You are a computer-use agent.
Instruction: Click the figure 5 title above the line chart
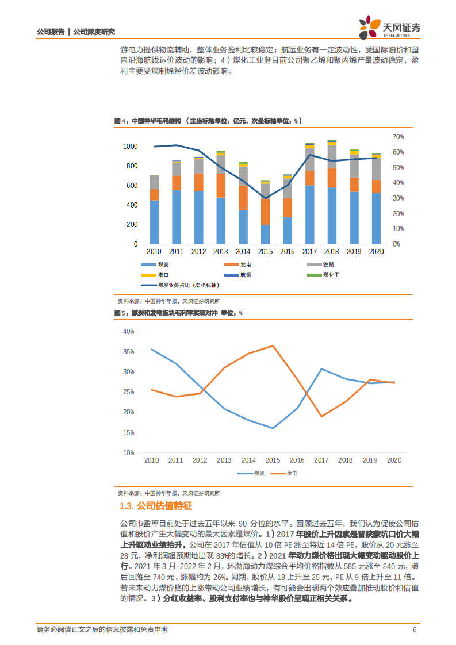pyautogui.click(x=178, y=313)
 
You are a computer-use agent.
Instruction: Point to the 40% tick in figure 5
pyautogui.click(x=128, y=332)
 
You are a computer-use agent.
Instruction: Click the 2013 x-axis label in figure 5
pyautogui.click(x=224, y=460)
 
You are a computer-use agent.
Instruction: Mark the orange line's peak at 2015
pyautogui.click(x=273, y=345)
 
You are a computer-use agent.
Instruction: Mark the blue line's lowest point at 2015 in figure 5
pyautogui.click(x=273, y=428)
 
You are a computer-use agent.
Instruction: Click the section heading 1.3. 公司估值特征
pyautogui.click(x=155, y=506)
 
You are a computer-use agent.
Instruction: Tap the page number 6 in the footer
pyautogui.click(x=414, y=630)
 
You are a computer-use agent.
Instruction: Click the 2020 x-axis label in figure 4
pyautogui.click(x=376, y=252)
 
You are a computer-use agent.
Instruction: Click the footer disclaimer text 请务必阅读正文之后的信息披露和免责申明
pyautogui.click(x=102, y=630)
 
